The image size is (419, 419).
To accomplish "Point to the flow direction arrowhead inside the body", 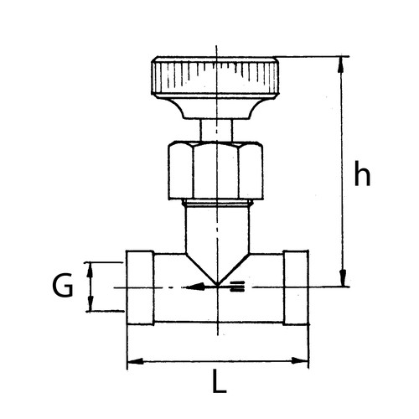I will coord(196,287).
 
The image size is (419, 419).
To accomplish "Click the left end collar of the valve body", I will coord(139,287).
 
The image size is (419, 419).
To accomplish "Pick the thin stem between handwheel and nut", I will coord(216,129).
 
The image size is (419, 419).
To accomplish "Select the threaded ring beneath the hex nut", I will coord(216,203).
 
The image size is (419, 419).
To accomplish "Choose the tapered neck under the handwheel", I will coord(215,109).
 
